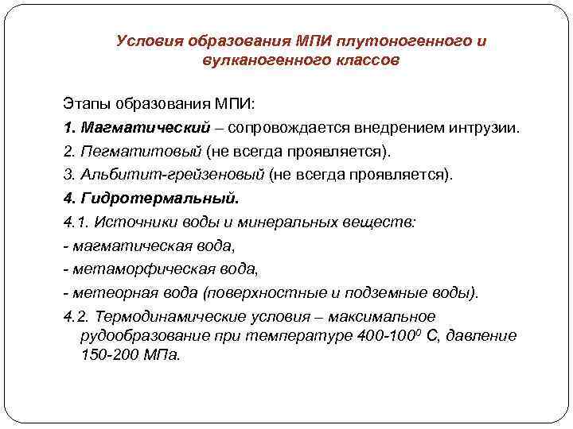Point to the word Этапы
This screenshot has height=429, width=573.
(x=85, y=103)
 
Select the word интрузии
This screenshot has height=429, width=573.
(x=488, y=127)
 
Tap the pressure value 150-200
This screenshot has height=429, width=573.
(x=108, y=354)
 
